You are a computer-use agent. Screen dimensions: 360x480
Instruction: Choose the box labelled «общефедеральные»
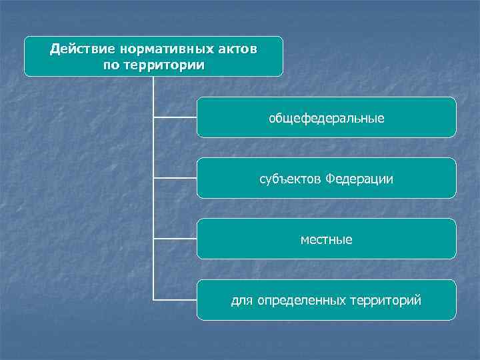(327, 117)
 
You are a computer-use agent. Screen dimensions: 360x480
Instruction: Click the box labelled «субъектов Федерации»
(327, 178)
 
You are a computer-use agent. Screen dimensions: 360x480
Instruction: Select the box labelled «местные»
(327, 239)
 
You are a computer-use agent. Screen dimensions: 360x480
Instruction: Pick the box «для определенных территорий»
(327, 300)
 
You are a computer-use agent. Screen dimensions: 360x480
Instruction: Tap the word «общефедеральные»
(327, 118)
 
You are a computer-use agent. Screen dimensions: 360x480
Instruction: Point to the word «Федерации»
(359, 179)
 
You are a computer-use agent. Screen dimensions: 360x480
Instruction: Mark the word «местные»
(327, 239)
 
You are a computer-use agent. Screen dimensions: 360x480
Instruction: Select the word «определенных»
(297, 301)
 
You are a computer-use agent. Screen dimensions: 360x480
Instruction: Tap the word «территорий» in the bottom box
(386, 301)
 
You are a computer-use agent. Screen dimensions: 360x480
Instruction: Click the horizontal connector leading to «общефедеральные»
(175, 117)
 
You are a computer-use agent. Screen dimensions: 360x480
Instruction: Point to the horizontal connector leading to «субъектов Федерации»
(175, 178)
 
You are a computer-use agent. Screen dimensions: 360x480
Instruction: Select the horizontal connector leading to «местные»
(175, 239)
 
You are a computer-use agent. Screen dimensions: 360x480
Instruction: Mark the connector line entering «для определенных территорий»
(175, 299)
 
